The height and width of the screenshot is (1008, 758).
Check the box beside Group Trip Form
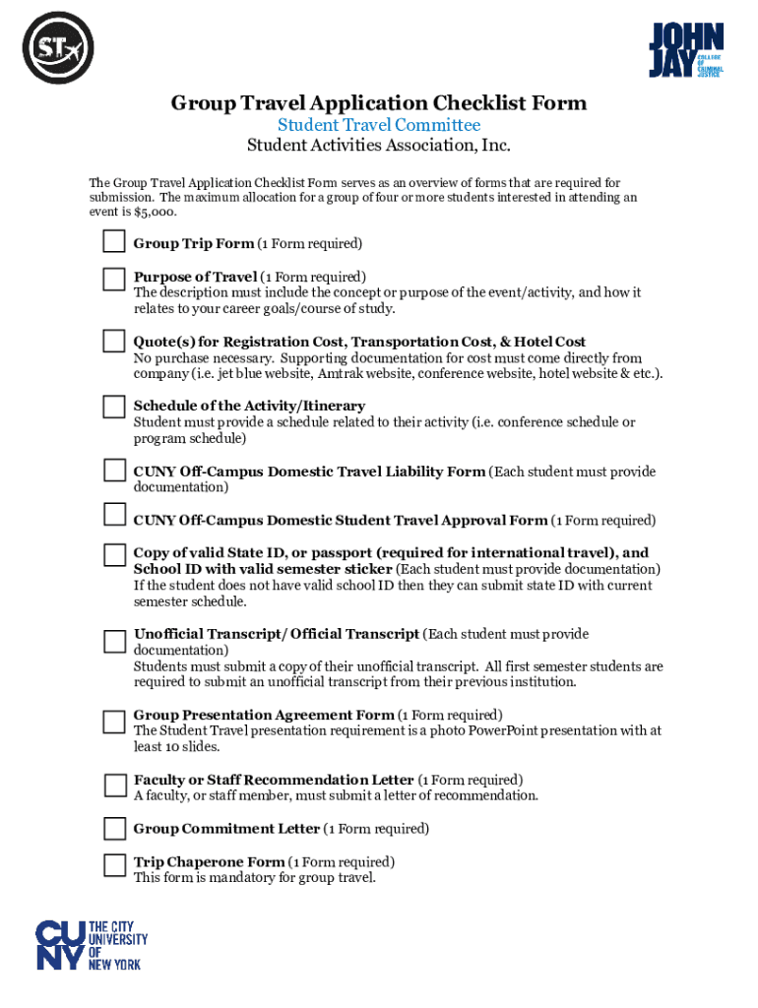tap(114, 243)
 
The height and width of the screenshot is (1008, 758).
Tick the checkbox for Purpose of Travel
tap(114, 279)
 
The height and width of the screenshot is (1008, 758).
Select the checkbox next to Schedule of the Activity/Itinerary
tap(114, 407)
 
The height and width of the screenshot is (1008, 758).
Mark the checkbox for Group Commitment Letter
tap(114, 829)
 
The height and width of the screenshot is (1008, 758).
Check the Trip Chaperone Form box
tap(114, 864)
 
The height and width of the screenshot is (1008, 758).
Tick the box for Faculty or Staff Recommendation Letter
tap(114, 785)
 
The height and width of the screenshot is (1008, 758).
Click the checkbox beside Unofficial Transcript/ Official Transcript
tap(114, 641)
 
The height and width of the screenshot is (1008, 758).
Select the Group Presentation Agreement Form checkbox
tap(114, 722)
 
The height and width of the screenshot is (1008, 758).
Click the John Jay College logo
tap(686, 50)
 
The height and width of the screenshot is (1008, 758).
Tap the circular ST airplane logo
tap(57, 47)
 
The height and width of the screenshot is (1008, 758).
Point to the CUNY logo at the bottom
tap(92, 945)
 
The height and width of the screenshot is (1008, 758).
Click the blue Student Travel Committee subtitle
tap(379, 125)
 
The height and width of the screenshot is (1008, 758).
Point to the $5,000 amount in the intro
tap(157, 212)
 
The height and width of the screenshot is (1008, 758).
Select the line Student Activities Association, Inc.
tap(379, 147)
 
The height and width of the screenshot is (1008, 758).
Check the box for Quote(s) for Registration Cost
tap(114, 342)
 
